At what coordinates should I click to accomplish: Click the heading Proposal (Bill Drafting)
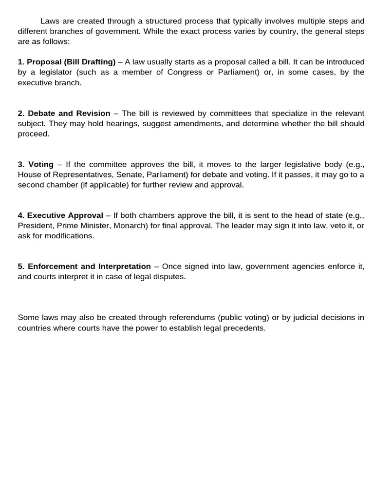tap(71, 62)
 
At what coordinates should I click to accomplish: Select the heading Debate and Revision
tap(69, 113)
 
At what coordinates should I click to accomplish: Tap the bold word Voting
tap(41, 164)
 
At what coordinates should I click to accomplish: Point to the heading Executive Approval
tap(65, 215)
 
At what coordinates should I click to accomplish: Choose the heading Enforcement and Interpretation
tap(89, 267)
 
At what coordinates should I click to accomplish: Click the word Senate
tap(128, 174)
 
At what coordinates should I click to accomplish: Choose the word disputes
tap(170, 277)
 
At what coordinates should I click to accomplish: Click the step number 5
tap(20, 267)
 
